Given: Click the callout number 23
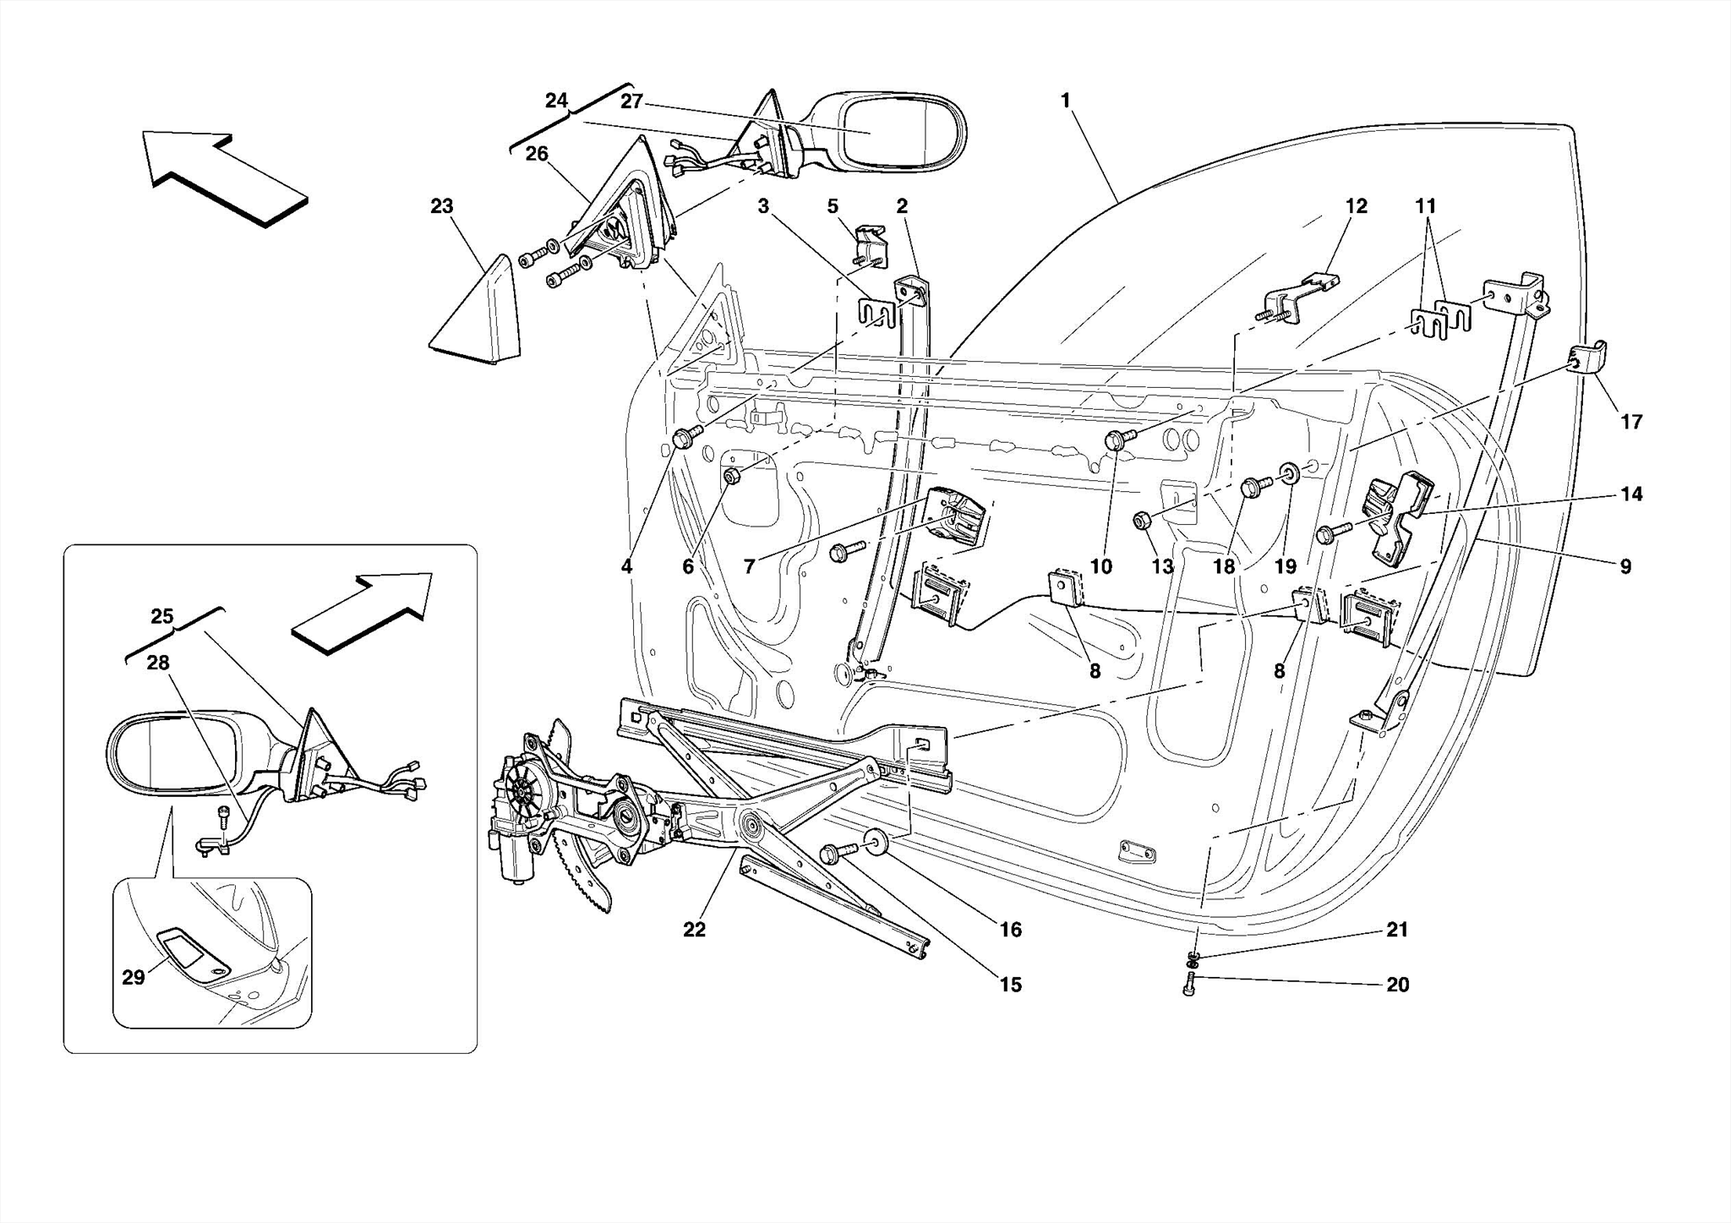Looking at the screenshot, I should pyautogui.click(x=441, y=206).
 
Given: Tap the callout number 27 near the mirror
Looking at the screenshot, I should pyautogui.click(x=631, y=101).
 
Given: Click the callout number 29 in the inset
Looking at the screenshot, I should pyautogui.click(x=134, y=978).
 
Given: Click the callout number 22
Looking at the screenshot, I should pyautogui.click(x=694, y=930).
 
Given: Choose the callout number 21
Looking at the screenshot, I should pyautogui.click(x=1397, y=930).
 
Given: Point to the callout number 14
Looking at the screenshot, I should pyautogui.click(x=1631, y=494).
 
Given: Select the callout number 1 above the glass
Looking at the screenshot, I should pyautogui.click(x=1065, y=101).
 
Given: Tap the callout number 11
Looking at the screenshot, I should pyautogui.click(x=1426, y=206).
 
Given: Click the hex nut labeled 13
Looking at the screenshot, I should pyautogui.click(x=1140, y=521).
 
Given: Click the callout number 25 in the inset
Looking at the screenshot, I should pyautogui.click(x=161, y=616).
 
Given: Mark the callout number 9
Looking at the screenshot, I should pyautogui.click(x=1625, y=566).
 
